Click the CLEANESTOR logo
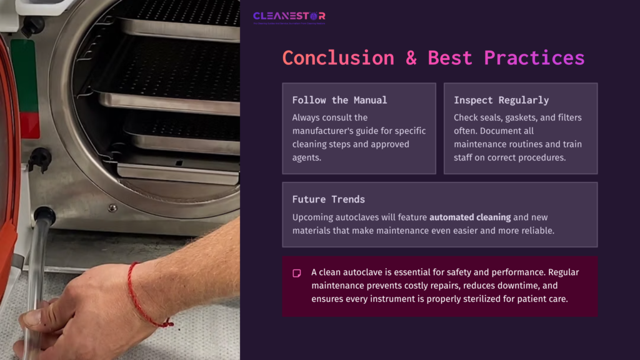(x=289, y=17)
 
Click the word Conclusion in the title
(x=338, y=58)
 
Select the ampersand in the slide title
(x=411, y=58)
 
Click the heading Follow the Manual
(x=339, y=100)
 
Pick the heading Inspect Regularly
(x=501, y=100)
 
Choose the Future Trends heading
(x=329, y=199)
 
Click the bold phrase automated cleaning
(x=470, y=217)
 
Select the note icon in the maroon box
(x=297, y=273)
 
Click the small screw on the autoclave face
(x=112, y=207)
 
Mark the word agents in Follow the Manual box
(x=306, y=157)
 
